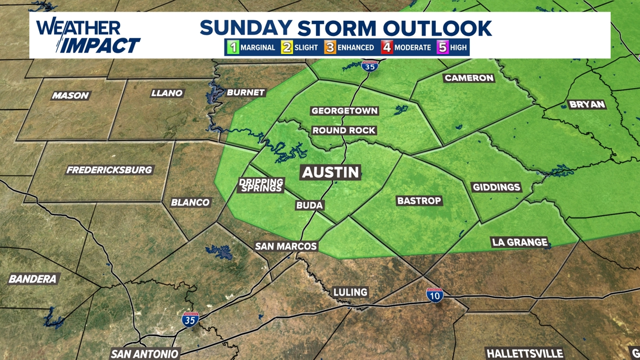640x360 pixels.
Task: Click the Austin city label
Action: coord(330,172)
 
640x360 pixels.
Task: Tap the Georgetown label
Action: coord(345,111)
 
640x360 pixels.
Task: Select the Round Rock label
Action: coord(344,130)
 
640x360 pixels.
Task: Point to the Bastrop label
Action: coord(419,200)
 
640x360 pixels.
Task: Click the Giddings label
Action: coord(496,187)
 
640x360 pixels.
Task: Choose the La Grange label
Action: coord(519,242)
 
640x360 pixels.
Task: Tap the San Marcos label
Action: coord(286,246)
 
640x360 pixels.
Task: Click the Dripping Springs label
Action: coord(261,185)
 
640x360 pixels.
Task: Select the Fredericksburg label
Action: coord(109,170)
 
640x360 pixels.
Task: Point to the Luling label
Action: coord(350,292)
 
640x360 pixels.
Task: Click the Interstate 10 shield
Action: coord(434,294)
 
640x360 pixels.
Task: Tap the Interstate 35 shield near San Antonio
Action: coord(190,320)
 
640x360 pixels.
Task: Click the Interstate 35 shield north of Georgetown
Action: coord(369,66)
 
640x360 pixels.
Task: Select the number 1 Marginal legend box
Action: coord(232,47)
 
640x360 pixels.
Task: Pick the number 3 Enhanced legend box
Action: coord(330,47)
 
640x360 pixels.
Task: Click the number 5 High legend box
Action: coord(443,47)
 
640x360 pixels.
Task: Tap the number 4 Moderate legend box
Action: coord(387,47)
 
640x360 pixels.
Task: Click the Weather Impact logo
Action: coord(88,36)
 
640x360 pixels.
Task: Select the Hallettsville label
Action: coord(524,354)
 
